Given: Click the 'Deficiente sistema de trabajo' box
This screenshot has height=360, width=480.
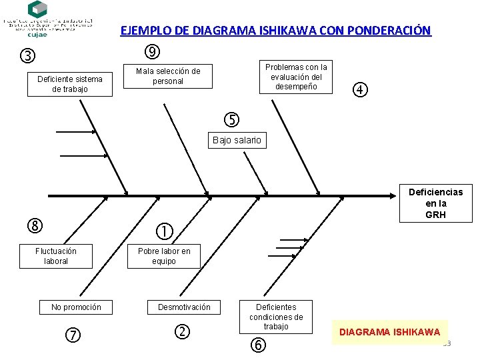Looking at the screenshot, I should [70, 84].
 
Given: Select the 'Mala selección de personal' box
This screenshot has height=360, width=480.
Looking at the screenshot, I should [168, 76].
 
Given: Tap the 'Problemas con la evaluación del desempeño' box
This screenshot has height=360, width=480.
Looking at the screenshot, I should [296, 77].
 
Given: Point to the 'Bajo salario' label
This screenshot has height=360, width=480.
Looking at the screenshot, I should [237, 140].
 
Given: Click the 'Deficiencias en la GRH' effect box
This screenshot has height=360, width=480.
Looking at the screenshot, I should [436, 203].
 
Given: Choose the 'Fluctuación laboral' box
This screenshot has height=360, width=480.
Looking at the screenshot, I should [56, 256].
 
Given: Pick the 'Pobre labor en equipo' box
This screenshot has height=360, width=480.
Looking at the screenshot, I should [164, 256].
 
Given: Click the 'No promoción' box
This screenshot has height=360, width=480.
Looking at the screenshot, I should [76, 307].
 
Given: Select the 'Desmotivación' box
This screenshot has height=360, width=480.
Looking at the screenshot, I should [184, 307].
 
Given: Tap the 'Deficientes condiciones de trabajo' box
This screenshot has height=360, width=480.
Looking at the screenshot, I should [276, 317].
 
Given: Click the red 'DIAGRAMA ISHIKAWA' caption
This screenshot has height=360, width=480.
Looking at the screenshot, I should [390, 332].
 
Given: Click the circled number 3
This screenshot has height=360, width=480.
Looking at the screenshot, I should [28, 55].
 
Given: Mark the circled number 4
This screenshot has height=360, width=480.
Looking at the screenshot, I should [360, 89].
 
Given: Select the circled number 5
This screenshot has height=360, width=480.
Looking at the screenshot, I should [231, 120].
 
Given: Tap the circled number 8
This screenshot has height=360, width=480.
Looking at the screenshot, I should [35, 225].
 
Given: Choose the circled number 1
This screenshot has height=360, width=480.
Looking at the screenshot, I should [164, 231].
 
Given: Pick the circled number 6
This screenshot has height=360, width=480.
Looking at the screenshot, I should [258, 345].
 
